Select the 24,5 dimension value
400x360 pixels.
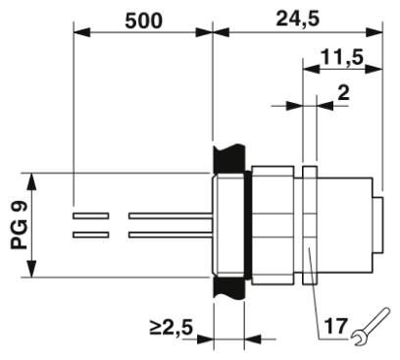[291, 18]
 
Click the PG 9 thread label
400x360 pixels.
[19, 226]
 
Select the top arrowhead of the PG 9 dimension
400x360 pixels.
[35, 180]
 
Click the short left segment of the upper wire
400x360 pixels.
[91, 215]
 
